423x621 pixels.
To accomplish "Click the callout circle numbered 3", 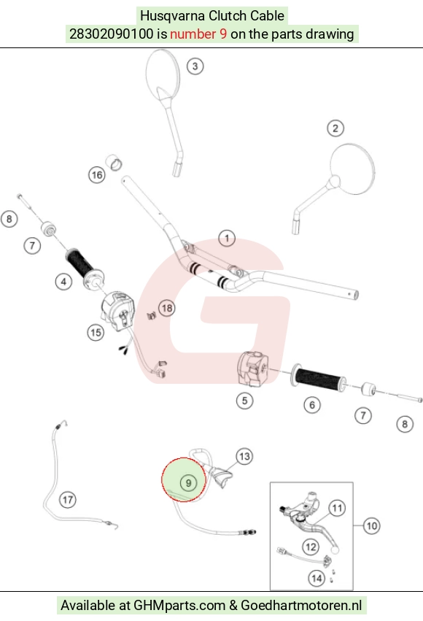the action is tap(195, 66).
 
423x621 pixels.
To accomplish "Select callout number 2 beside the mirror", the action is tap(335, 128).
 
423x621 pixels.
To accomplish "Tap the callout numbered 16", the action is tap(97, 175).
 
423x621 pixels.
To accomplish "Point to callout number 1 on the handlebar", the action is tap(227, 239).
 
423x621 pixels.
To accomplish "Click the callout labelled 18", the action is tap(167, 308).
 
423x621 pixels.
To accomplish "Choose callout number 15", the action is tap(96, 332).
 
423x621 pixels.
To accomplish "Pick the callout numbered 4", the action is tap(63, 282).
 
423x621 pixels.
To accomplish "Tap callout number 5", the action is tap(244, 401).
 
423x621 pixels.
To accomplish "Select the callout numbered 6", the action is tap(312, 405).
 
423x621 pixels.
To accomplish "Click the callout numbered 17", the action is tap(68, 500).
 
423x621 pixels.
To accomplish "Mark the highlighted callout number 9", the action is tap(188, 483).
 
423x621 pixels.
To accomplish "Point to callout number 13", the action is tap(244, 456).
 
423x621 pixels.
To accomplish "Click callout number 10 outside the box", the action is tap(371, 526).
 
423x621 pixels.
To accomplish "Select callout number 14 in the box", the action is tap(317, 579).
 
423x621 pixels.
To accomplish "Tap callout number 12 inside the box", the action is tap(311, 547).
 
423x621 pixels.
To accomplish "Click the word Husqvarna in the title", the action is tap(172, 16).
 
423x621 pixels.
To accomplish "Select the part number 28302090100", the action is tap(111, 34).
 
